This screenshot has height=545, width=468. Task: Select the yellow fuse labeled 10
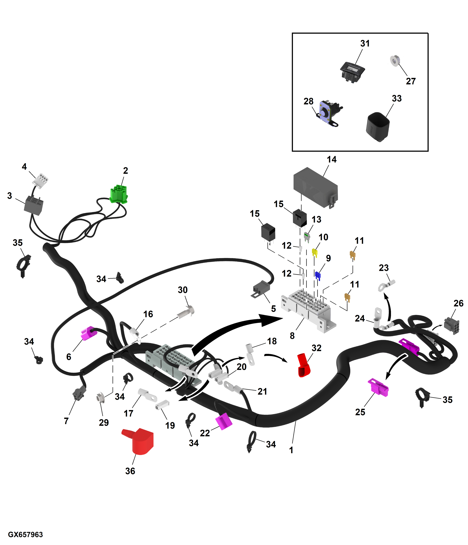[314, 252]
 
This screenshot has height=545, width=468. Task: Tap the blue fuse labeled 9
[318, 275]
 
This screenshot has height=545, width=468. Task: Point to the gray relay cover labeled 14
[315, 186]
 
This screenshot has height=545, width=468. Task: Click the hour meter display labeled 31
[352, 71]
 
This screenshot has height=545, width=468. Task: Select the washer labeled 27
[395, 61]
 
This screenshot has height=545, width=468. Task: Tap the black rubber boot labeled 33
[378, 127]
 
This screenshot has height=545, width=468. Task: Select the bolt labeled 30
[186, 312]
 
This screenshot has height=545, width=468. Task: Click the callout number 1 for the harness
[291, 450]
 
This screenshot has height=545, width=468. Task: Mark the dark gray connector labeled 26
[451, 326]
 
